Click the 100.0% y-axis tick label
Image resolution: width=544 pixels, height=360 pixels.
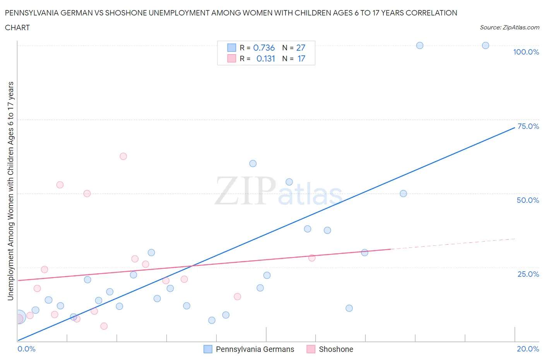pyautogui.click(x=526, y=52)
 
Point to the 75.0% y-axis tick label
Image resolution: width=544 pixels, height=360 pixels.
pyautogui.click(x=528, y=126)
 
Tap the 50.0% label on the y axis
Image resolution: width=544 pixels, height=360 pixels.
pyautogui.click(x=528, y=200)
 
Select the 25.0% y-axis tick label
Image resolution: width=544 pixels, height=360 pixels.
pyautogui.click(x=528, y=274)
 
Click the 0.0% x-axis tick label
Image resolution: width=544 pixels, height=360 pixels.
pyautogui.click(x=26, y=349)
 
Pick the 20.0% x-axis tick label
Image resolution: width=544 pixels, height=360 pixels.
pyautogui.click(x=528, y=349)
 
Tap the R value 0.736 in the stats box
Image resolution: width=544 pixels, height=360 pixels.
pyautogui.click(x=264, y=48)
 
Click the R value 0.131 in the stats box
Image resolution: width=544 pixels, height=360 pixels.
pyautogui.click(x=265, y=58)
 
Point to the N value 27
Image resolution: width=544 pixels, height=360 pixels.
pyautogui.click(x=301, y=48)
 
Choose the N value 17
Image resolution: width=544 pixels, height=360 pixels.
pyautogui.click(x=301, y=58)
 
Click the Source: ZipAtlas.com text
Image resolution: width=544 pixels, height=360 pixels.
pyautogui.click(x=509, y=27)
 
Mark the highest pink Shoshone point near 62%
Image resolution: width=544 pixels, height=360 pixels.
pyautogui.click(x=123, y=156)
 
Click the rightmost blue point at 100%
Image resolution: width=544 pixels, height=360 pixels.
pyautogui.click(x=486, y=46)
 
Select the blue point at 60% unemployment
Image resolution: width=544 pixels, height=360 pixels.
pyautogui.click(x=253, y=164)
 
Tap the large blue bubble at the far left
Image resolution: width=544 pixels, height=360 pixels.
pyautogui.click(x=19, y=317)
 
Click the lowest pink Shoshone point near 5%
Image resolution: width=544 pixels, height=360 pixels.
pyautogui.click(x=104, y=326)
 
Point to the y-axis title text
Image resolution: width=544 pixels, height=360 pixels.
pyautogui.click(x=10, y=191)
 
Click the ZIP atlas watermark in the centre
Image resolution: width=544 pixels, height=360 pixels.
pyautogui.click(x=278, y=191)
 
